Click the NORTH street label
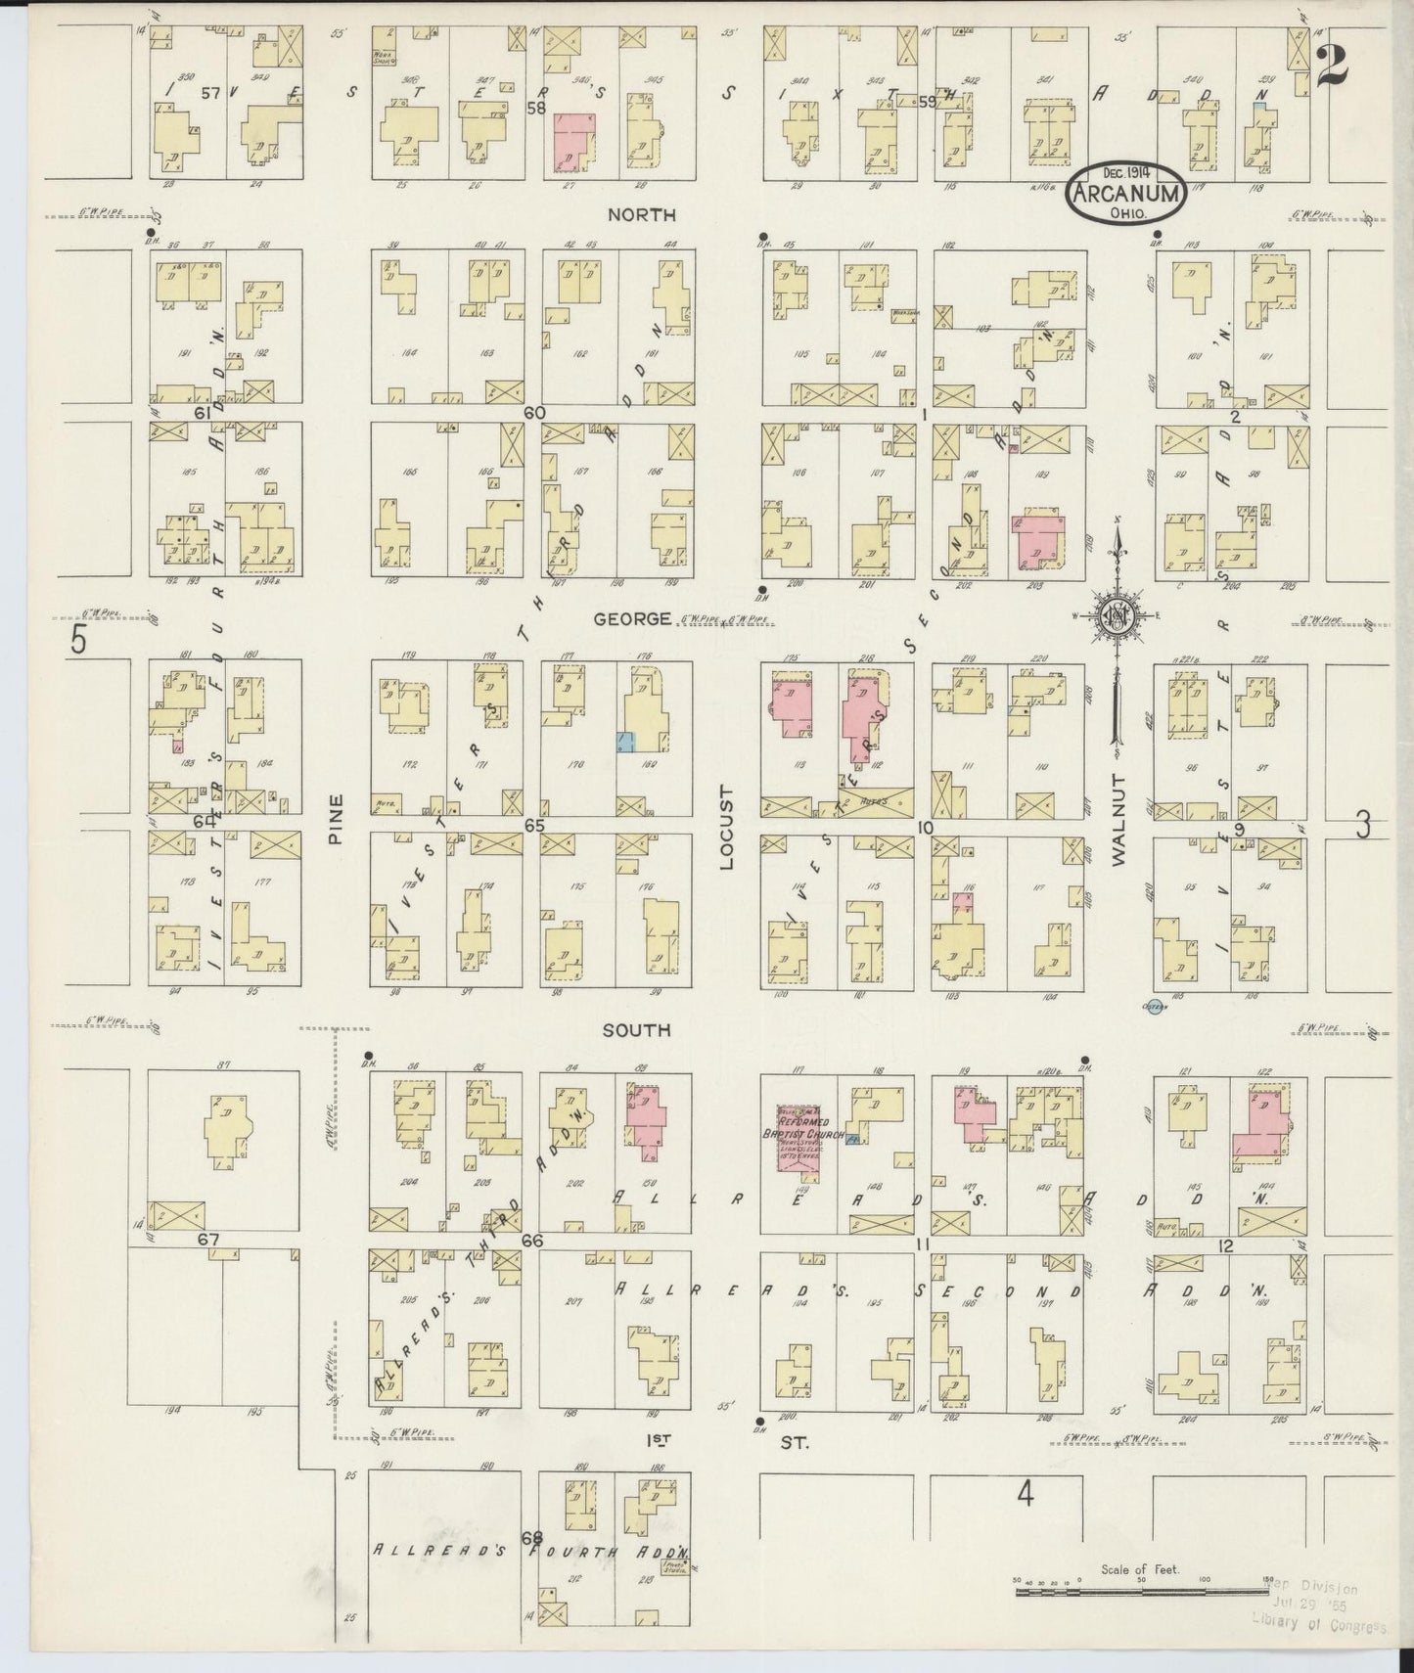coord(656,213)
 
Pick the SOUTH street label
coord(636,1030)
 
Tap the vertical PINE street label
coord(336,818)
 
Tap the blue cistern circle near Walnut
coord(1155,1007)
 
